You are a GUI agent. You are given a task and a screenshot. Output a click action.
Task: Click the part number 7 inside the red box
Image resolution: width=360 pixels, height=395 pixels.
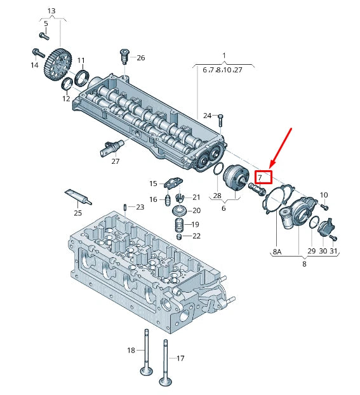260,177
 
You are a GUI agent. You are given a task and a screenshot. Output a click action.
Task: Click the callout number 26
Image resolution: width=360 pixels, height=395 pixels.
140,58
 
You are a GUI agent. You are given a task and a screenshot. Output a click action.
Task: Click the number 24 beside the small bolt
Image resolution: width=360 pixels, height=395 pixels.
207,116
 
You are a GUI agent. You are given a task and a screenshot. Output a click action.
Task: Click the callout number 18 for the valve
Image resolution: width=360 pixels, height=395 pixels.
131,350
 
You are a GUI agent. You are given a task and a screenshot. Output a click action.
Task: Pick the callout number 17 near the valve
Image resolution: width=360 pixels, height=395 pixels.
180,358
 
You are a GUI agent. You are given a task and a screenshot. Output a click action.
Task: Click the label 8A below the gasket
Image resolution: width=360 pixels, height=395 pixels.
277,251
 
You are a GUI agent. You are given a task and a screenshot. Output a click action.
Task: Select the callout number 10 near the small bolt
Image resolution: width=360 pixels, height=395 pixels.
324,194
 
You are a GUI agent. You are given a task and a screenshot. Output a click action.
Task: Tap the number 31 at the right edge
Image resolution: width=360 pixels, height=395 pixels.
334,251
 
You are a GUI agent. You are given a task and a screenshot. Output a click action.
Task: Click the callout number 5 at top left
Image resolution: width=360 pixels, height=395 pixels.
46,23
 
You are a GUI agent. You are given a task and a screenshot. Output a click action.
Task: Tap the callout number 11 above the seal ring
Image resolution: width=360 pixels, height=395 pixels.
81,60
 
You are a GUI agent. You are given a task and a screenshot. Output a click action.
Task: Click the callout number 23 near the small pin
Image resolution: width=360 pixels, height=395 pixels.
140,207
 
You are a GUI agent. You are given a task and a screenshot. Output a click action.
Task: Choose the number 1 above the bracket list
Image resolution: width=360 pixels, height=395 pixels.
223,55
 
